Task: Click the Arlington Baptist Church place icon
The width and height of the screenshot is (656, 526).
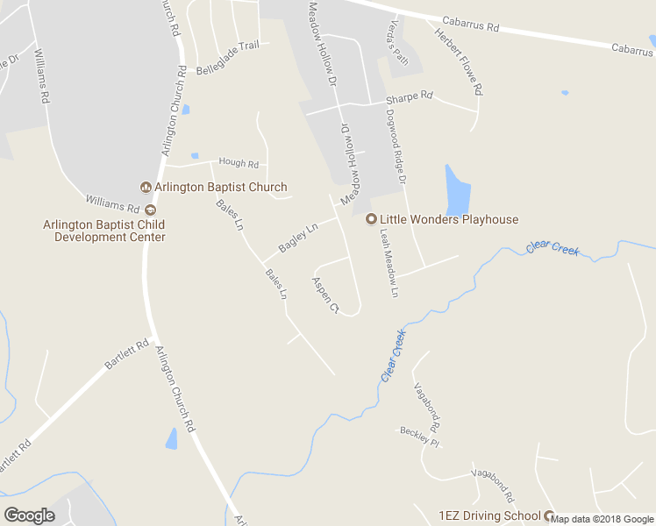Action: click(x=146, y=187)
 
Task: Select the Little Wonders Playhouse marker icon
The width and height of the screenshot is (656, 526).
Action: click(x=370, y=219)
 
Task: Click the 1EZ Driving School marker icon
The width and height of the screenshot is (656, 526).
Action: click(x=550, y=515)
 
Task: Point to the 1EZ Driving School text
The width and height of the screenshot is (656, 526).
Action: click(x=489, y=515)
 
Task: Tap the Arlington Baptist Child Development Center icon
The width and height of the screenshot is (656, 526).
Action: click(x=150, y=210)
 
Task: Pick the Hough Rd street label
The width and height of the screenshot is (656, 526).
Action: click(x=239, y=164)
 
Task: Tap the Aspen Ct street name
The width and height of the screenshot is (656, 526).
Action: click(x=324, y=295)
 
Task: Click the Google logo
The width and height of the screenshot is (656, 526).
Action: click(x=29, y=515)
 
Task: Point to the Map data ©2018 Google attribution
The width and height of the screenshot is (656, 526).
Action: click(x=603, y=519)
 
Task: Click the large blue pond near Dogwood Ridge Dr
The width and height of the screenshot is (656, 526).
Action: click(x=458, y=190)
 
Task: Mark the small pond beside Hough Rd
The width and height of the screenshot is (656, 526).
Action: click(x=195, y=156)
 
